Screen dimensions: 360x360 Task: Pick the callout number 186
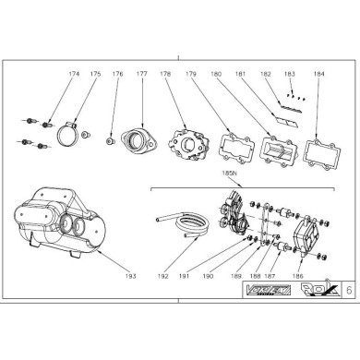pos(296,276)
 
